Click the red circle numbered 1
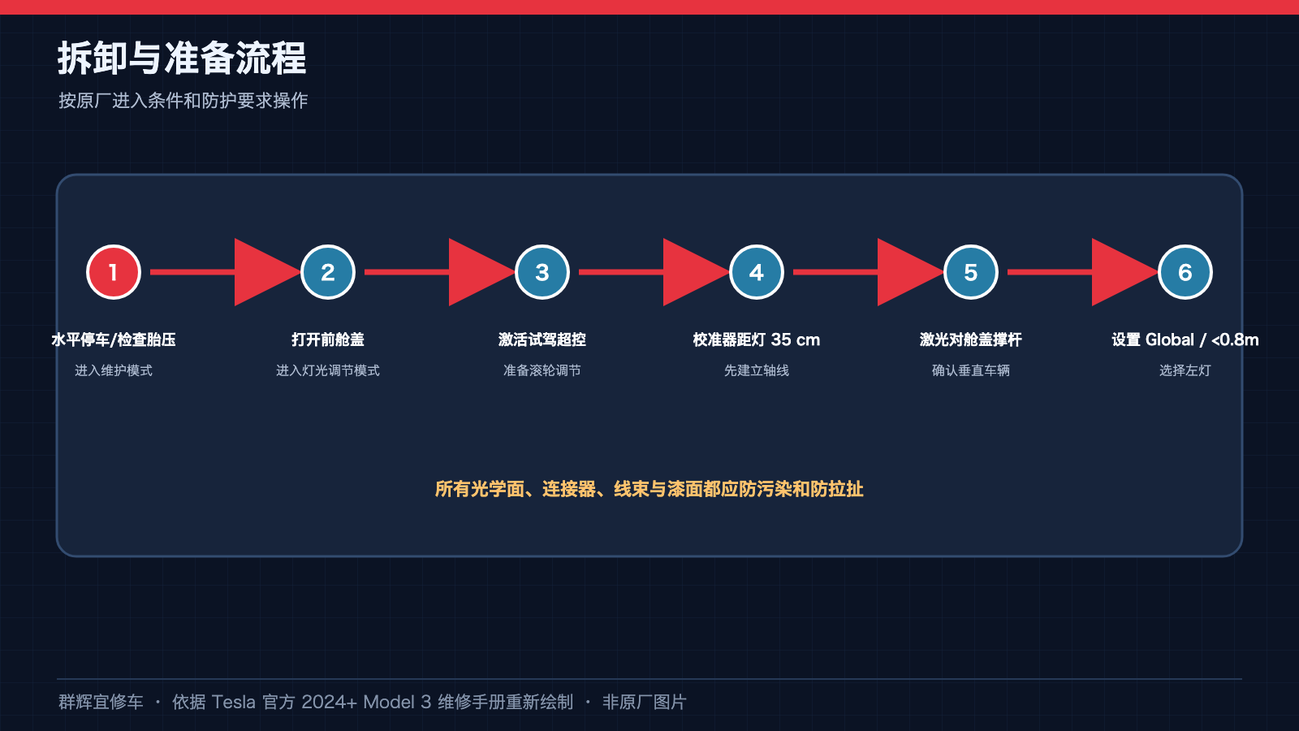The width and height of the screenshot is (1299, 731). click(114, 272)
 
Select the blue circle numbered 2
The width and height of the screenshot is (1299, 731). click(328, 272)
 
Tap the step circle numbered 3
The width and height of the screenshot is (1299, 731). click(542, 272)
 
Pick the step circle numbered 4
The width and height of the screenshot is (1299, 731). click(756, 272)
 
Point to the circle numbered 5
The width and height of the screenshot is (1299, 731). click(971, 272)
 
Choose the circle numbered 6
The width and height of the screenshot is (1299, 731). click(1185, 272)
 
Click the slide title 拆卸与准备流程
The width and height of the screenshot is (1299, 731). click(182, 58)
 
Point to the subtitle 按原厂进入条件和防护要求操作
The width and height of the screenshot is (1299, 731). click(183, 101)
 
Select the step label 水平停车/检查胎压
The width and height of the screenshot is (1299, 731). click(114, 340)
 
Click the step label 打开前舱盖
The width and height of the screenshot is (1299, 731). click(328, 340)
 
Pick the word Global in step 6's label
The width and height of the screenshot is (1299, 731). click(1170, 340)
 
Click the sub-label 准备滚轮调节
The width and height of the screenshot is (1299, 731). click(542, 370)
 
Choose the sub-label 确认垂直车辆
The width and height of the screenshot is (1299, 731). click(971, 370)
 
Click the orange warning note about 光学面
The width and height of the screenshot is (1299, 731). click(649, 489)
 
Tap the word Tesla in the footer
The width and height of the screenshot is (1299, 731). click(233, 702)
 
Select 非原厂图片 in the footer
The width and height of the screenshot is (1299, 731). click(645, 702)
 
